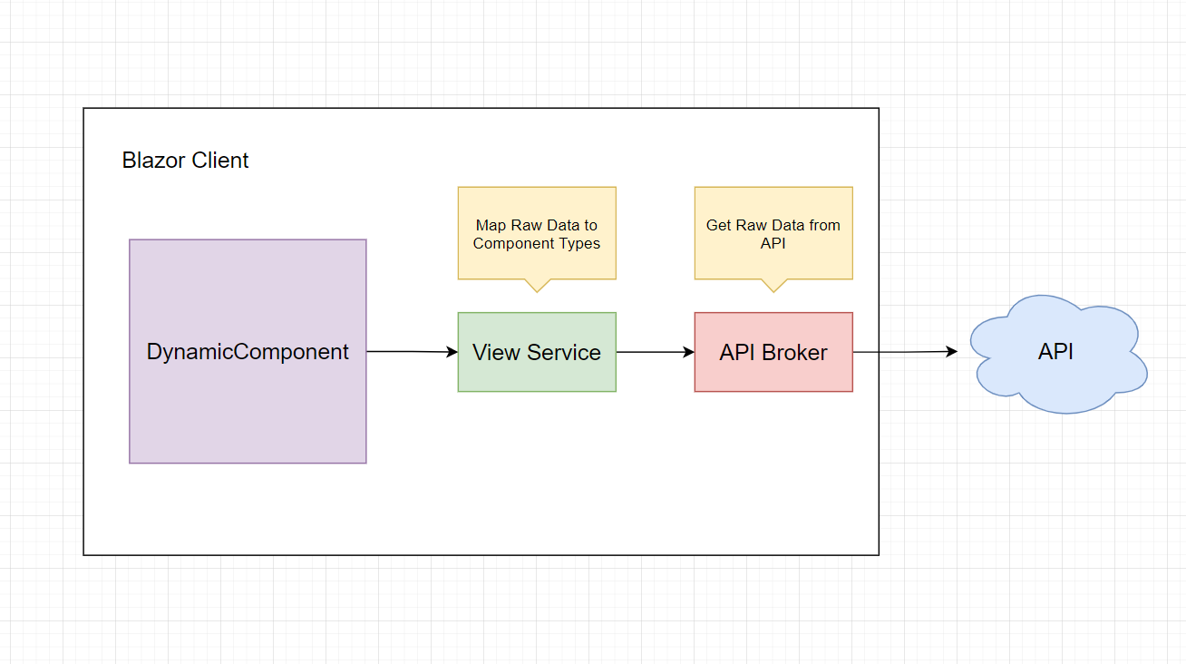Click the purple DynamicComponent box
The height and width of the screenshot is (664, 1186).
pyautogui.click(x=248, y=351)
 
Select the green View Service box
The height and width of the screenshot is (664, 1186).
pyautogui.click(x=537, y=352)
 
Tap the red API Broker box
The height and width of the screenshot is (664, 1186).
pyautogui.click(x=773, y=352)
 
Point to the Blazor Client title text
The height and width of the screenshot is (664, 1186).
pyautogui.click(x=185, y=161)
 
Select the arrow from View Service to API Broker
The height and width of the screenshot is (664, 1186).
pyautogui.click(x=655, y=352)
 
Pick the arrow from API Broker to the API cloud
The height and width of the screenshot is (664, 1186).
pyautogui.click(x=904, y=351)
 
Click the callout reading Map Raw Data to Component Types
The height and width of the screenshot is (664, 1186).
pyautogui.click(x=537, y=233)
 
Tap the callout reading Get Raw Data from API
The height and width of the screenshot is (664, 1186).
pyautogui.click(x=773, y=233)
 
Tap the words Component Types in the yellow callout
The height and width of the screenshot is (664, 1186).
pyautogui.click(x=537, y=243)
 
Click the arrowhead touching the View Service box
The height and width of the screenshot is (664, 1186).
pyautogui.click(x=452, y=352)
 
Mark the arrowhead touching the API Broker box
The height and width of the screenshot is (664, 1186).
pyautogui.click(x=689, y=352)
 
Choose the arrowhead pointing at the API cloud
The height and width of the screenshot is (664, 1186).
pyautogui.click(x=952, y=351)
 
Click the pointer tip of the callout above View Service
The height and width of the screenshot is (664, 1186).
pyautogui.click(x=537, y=291)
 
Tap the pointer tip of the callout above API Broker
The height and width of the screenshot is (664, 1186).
pyautogui.click(x=773, y=291)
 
